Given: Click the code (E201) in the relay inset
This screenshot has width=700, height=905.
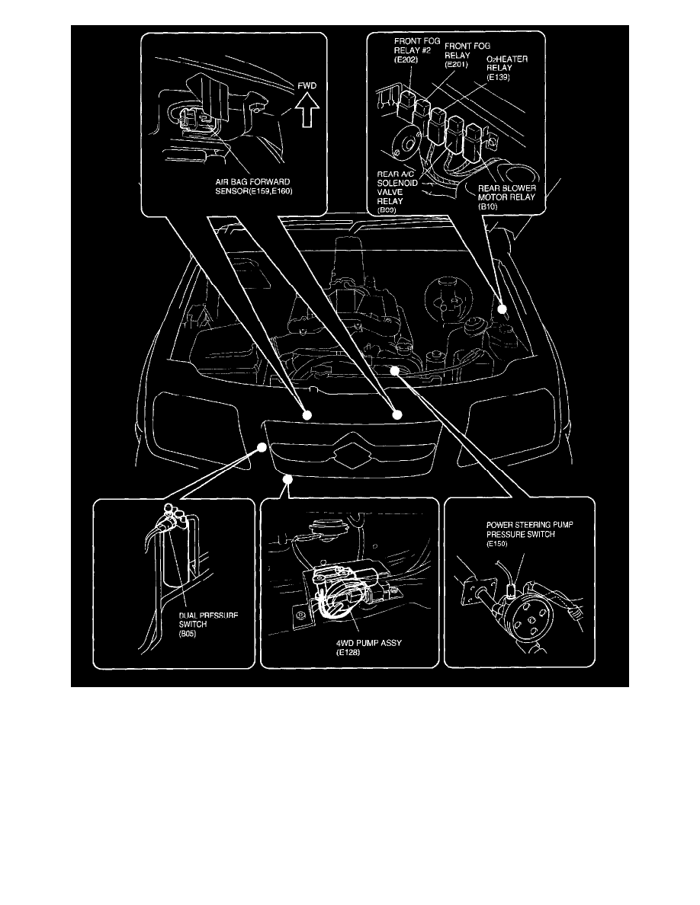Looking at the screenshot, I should [x=457, y=66].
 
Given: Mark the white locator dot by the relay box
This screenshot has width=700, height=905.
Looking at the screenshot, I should [x=503, y=309].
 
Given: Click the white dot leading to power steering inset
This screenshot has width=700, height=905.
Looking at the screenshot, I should [x=395, y=370].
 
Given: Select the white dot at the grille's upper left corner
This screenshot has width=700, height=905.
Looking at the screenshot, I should [x=262, y=449].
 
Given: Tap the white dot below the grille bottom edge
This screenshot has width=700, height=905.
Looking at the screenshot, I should [x=287, y=478].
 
